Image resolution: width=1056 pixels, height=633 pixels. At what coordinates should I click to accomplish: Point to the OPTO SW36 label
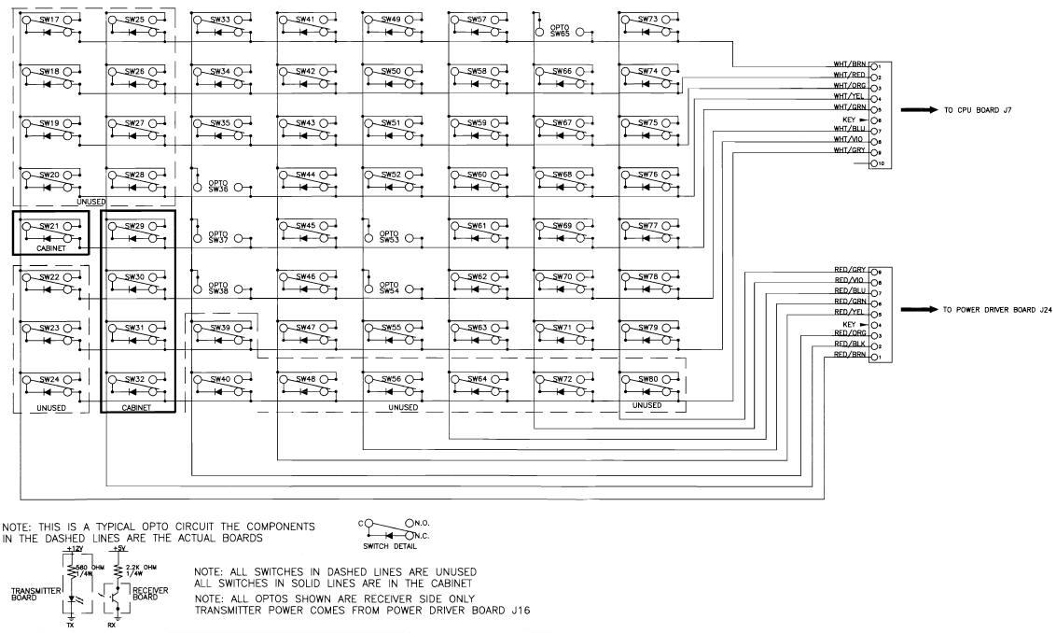218,186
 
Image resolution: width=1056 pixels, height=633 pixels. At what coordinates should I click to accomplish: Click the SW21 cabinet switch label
50,226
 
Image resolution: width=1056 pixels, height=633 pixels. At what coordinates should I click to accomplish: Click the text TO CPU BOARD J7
978,110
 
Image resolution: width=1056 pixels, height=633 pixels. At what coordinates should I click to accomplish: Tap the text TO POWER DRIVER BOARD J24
997,309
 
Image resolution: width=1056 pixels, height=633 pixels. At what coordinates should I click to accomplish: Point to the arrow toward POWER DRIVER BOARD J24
918,309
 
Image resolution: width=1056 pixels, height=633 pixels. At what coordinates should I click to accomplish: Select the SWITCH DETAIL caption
382,546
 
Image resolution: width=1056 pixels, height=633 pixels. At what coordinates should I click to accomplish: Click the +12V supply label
74,550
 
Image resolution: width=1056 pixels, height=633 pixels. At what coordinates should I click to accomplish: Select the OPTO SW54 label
390,288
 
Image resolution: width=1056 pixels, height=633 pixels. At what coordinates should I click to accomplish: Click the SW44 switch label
304,175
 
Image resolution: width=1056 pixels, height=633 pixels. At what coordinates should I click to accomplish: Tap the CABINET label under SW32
136,408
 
